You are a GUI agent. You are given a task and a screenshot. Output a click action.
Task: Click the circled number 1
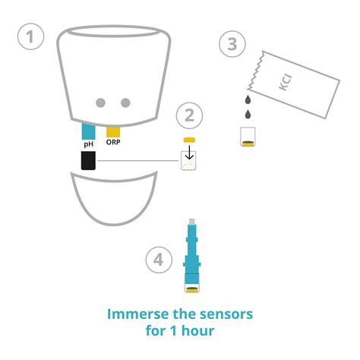(x=30, y=36)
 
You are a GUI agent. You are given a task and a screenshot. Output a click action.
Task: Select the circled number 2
(x=189, y=115)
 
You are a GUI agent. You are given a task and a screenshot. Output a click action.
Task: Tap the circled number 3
(x=232, y=44)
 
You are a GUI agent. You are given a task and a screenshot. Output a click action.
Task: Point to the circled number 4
(x=159, y=260)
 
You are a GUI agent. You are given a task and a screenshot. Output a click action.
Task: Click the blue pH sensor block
(x=88, y=131)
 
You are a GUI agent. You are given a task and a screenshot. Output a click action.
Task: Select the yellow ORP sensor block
(x=113, y=132)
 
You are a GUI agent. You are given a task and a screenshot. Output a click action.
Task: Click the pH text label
(x=89, y=144)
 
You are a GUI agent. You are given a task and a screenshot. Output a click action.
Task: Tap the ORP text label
(x=113, y=142)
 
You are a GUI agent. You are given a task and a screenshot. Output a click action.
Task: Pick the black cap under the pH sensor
(x=88, y=160)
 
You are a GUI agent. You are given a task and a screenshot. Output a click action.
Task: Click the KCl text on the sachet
(x=286, y=83)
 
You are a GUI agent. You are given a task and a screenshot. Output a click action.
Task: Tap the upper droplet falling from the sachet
(x=248, y=99)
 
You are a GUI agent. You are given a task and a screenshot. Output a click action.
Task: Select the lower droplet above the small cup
(x=248, y=114)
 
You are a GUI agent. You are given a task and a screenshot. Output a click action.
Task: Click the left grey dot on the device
(x=101, y=103)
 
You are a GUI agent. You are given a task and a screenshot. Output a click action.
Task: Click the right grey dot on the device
(x=125, y=103)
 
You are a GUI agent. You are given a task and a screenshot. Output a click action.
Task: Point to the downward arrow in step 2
(x=189, y=152)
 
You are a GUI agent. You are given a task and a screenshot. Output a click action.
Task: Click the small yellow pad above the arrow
(x=189, y=140)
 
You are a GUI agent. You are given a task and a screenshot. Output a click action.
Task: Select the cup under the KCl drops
(x=248, y=137)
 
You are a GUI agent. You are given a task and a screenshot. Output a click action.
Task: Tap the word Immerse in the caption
(x=138, y=314)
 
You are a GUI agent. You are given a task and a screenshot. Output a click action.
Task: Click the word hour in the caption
(x=197, y=331)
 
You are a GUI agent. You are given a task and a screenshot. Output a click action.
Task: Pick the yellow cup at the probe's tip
(x=192, y=289)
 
